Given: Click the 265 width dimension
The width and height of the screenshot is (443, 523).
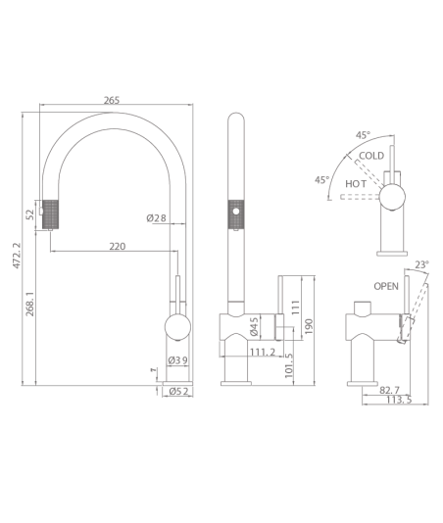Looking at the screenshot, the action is coord(111,100).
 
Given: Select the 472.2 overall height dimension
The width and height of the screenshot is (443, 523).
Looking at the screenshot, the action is coord(17,256).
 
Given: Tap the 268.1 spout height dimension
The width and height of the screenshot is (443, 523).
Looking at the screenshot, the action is coord(30,304).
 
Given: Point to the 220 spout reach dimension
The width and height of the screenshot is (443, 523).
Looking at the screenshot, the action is coord(118,246).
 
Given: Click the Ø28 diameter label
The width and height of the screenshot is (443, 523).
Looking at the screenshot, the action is coord(156,218).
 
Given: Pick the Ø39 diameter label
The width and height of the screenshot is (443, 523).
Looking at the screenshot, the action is coord(178,360).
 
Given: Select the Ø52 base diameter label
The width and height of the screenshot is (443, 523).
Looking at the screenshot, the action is coord(178,391).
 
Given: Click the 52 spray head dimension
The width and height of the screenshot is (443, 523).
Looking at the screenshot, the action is coord(30,214).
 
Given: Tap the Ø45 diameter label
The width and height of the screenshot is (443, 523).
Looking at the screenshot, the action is coord(254,326).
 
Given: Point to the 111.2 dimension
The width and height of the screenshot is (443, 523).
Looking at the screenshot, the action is coord(263,352).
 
